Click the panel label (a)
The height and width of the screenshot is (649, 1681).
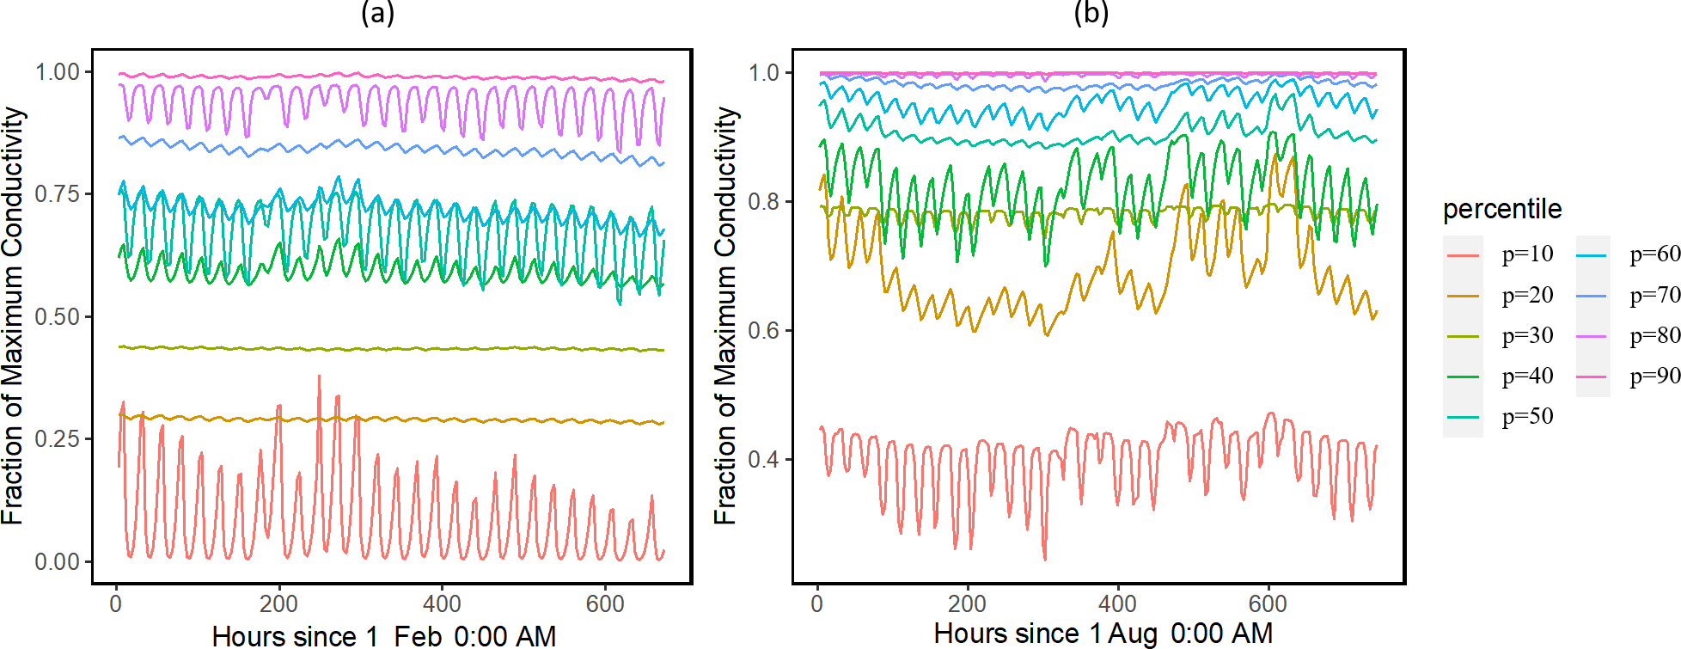pos(377,13)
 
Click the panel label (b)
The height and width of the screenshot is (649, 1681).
pos(1091,13)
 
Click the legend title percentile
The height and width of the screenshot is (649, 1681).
pos(1501,209)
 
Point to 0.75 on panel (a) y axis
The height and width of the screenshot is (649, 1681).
pos(57,194)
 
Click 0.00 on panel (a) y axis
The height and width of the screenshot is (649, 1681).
pos(57,562)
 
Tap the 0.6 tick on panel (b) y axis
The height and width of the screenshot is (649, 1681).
pos(764,331)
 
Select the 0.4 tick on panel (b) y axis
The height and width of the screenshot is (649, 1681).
pos(764,460)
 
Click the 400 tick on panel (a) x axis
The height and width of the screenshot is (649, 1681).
pos(442,604)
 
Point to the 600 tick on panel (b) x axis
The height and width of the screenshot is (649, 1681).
pos(1268,604)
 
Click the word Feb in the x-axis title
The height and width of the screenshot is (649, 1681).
pos(418,636)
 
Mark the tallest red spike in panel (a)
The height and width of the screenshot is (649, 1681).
pos(319,377)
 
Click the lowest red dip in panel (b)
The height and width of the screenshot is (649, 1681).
pos(1045,560)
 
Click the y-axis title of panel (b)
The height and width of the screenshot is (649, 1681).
pos(726,315)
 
